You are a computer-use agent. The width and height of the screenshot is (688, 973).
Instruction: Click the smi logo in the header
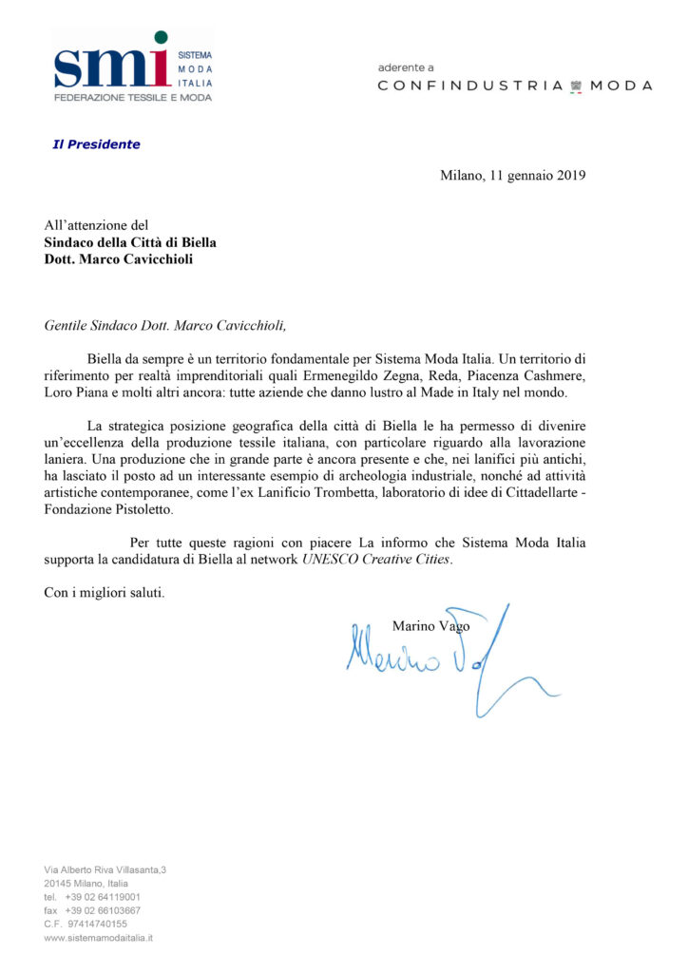click(112, 67)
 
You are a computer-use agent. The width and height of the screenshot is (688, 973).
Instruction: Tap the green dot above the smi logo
click(161, 38)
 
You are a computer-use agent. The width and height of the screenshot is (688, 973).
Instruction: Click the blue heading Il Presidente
click(96, 144)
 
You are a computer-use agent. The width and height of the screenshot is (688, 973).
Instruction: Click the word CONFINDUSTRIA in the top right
click(470, 86)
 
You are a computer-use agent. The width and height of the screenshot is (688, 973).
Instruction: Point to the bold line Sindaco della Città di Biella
click(130, 242)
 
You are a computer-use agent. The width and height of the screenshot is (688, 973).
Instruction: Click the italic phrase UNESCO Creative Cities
click(377, 560)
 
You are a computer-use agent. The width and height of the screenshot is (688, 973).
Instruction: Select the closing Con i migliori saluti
click(105, 593)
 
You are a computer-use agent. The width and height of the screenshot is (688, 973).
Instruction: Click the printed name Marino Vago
click(430, 625)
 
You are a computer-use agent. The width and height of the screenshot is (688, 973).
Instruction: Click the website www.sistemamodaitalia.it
click(99, 937)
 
